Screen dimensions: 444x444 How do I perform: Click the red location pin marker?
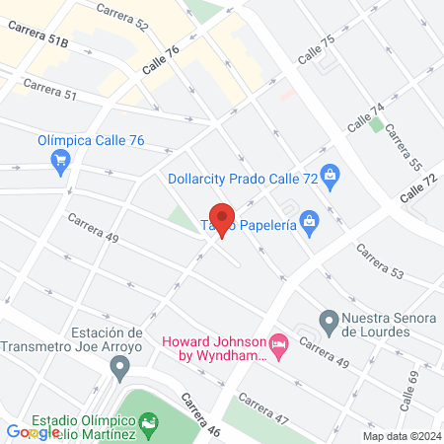[222, 218]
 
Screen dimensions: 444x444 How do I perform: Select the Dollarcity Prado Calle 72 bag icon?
[332, 179]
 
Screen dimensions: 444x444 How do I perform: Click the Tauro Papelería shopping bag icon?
[310, 221]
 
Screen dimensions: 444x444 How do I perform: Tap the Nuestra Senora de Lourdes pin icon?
[330, 320]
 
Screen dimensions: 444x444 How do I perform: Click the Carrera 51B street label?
[39, 38]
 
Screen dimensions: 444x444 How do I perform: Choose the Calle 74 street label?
[364, 119]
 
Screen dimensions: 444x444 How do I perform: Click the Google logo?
[33, 432]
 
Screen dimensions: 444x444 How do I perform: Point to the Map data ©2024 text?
[401, 436]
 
